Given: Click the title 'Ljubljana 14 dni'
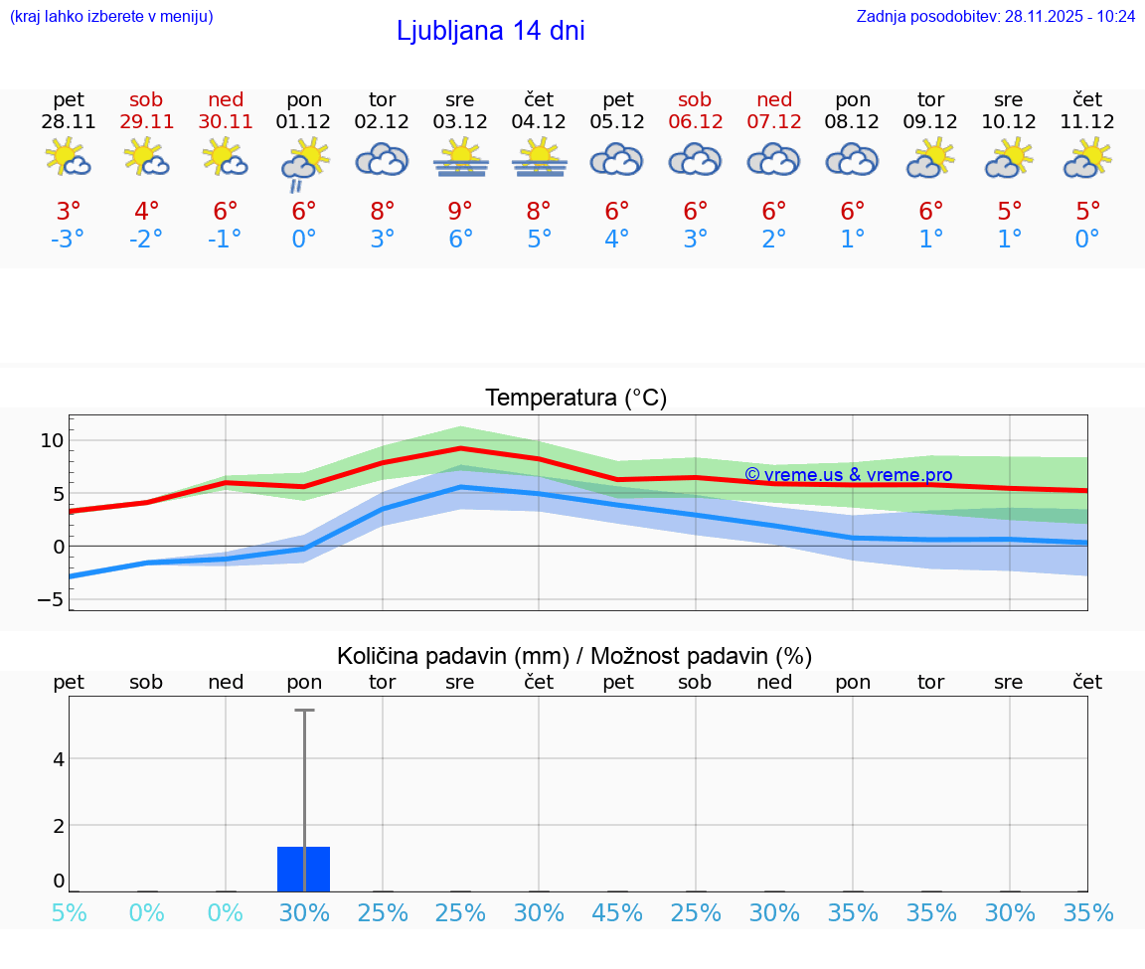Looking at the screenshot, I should (490, 31).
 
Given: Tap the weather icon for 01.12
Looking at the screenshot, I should (304, 161).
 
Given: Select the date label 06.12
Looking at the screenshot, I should (696, 122).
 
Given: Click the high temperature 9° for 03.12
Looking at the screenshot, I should (460, 212).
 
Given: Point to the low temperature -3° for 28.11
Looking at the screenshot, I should (68, 240).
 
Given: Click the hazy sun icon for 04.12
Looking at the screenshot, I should (539, 158).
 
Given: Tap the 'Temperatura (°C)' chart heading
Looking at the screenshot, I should (575, 399).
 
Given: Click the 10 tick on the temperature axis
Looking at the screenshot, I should (52, 441).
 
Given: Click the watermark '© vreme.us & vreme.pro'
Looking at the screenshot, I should (848, 475).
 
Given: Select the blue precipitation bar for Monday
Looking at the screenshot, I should (304, 869).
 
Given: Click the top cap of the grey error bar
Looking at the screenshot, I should (304, 711).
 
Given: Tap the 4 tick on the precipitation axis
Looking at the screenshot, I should (59, 759).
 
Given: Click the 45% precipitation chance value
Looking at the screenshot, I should (617, 913).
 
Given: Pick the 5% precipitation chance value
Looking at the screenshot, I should (69, 913).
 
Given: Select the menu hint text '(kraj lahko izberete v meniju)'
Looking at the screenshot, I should (111, 16).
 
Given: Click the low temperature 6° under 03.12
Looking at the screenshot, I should (460, 240).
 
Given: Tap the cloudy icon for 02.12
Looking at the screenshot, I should (382, 159).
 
